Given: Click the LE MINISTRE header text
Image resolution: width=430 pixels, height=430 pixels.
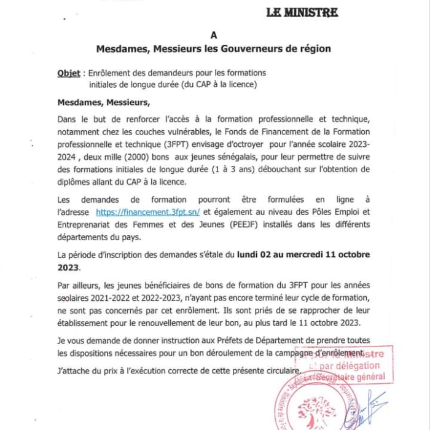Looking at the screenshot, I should (x=302, y=12).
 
